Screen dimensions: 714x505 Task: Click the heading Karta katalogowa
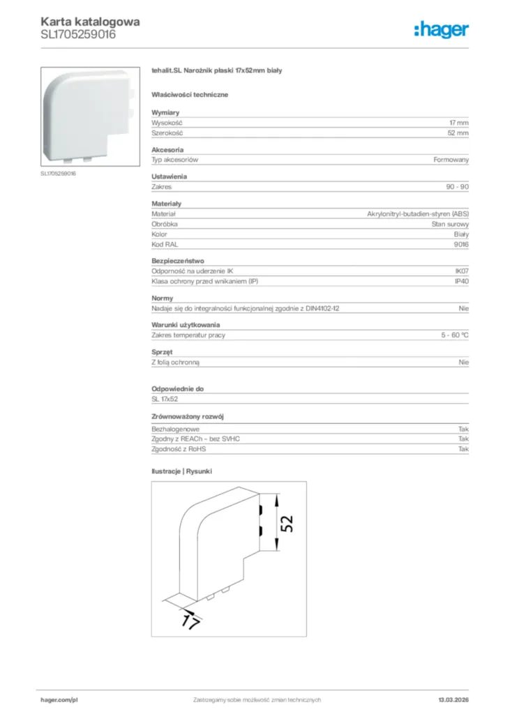point(90,22)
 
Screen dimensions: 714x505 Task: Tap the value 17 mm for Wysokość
point(458,123)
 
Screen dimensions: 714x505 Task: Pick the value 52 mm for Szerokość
point(458,132)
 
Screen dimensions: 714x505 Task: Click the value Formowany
point(451,160)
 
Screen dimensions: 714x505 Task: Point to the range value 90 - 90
point(458,187)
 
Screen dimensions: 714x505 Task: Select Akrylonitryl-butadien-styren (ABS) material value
point(418,213)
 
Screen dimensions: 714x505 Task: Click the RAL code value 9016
point(462,245)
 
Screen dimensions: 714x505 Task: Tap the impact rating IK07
point(462,271)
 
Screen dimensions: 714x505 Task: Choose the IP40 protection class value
point(462,282)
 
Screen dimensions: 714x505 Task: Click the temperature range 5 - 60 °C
point(455,335)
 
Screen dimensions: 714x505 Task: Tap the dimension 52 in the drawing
point(287,524)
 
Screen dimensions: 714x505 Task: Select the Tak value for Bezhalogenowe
point(463,429)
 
